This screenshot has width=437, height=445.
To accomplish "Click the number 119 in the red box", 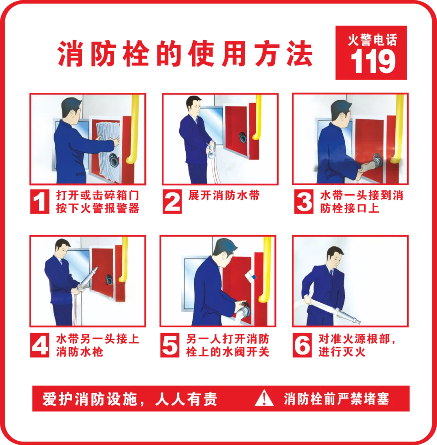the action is (373, 61).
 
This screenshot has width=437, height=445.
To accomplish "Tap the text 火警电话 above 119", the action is (373, 40).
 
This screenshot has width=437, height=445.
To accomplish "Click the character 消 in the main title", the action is (70, 54).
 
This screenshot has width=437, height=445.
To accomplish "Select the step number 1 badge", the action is (40, 202).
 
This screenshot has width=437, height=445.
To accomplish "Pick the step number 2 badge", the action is (172, 202).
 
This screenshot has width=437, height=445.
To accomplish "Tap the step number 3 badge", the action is (304, 202).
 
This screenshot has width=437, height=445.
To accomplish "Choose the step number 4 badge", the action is (40, 345).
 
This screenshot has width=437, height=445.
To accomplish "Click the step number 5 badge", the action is (170, 345).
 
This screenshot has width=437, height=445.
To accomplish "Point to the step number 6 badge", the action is (302, 345).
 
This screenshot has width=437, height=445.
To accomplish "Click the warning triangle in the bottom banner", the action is (264, 399).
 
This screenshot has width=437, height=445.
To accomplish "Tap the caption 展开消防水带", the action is (224, 195).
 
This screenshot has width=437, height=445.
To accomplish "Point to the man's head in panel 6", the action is (336, 257).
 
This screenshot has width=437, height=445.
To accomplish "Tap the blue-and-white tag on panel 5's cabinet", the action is (250, 276).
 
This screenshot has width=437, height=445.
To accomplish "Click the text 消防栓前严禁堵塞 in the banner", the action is (336, 399).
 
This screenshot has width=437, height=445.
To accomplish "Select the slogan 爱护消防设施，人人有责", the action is (130, 399).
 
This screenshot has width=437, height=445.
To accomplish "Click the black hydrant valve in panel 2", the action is (243, 137).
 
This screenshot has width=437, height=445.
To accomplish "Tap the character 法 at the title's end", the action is (299, 54).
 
